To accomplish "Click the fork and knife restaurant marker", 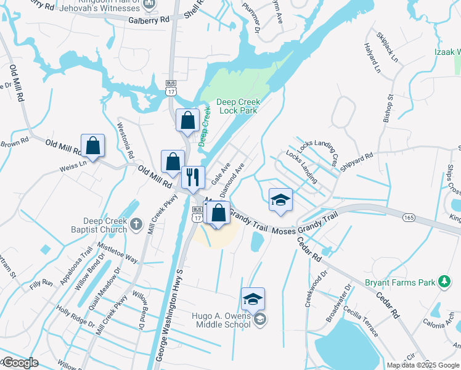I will tap(193, 177).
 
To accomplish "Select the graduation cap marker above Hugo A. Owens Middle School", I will tap(253, 300).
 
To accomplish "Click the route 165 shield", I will tap(409, 217).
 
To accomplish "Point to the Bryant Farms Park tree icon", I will tap(443, 282).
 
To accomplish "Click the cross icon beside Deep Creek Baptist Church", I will tap(137, 225).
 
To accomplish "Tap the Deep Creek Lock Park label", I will tap(239, 107).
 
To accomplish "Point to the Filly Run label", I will tap(40, 287).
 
